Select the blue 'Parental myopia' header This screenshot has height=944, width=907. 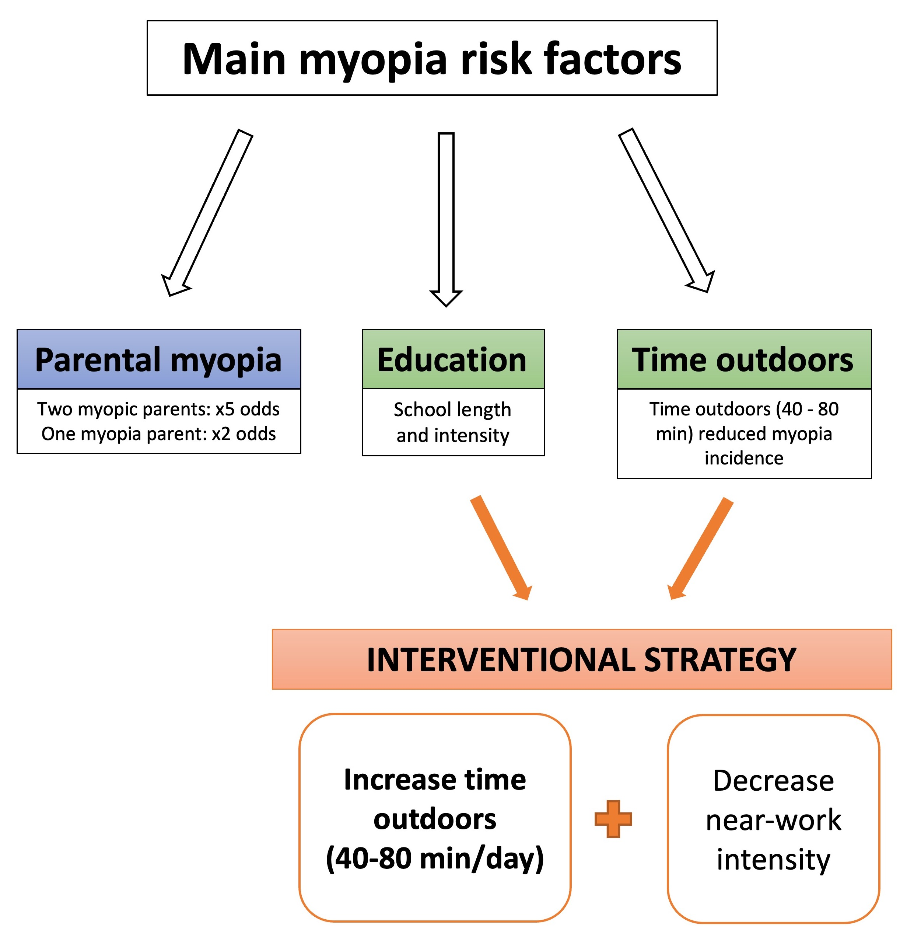[158, 359]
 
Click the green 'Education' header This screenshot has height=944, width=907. [452, 359]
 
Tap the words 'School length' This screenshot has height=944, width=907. [452, 410]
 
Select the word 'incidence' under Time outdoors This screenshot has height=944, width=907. [743, 457]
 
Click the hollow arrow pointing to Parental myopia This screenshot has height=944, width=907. [207, 212]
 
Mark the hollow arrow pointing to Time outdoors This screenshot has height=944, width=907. [667, 209]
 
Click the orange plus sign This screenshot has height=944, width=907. [613, 819]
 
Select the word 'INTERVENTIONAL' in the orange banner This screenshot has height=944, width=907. [501, 659]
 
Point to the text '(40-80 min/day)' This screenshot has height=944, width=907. [435, 858]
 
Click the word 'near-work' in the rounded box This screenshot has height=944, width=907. [773, 820]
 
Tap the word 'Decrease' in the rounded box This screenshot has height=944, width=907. [773, 780]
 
